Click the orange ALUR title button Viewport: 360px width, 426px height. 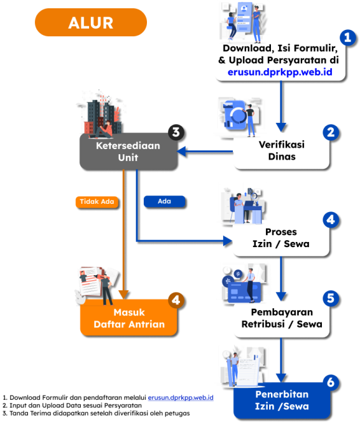click(x=91, y=22)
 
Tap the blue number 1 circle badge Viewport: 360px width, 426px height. click(x=348, y=38)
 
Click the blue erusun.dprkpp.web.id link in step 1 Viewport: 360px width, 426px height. click(x=280, y=72)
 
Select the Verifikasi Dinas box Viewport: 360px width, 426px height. click(x=282, y=151)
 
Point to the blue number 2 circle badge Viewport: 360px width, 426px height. click(x=331, y=132)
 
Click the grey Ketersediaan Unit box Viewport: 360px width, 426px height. click(x=128, y=152)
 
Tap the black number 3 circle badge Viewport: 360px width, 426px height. click(x=176, y=132)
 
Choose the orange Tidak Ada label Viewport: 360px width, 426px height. click(x=97, y=202)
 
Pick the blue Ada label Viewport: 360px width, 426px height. click(x=164, y=201)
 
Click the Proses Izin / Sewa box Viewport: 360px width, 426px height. click(x=281, y=238)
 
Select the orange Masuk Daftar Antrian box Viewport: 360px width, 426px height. click(x=128, y=317)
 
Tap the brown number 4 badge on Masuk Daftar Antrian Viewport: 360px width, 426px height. click(x=176, y=300)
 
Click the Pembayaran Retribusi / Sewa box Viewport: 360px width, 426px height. click(x=282, y=318)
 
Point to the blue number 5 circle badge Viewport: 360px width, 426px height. click(x=331, y=298)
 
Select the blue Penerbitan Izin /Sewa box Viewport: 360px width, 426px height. click(x=282, y=401)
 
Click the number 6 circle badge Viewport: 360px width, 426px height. click(x=331, y=383)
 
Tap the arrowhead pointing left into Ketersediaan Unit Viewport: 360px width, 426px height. click(x=181, y=152)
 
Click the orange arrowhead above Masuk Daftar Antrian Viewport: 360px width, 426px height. click(x=123, y=294)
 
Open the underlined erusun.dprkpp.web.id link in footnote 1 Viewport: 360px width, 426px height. click(x=181, y=398)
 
